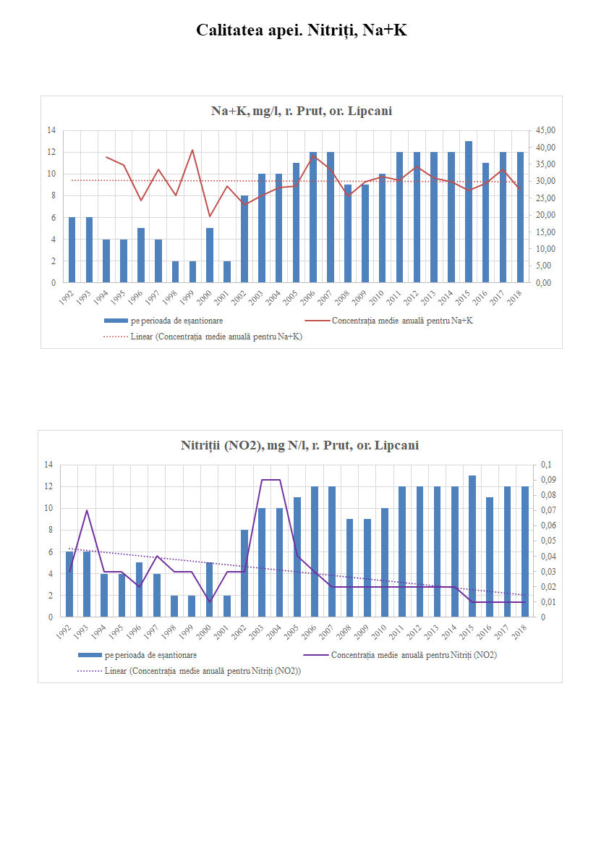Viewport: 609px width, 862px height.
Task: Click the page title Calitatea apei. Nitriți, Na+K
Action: (304, 30)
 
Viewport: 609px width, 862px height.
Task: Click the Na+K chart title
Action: (301, 111)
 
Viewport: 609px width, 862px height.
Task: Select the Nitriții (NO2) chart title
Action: (299, 445)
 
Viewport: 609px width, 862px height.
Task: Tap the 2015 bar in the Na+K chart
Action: (469, 212)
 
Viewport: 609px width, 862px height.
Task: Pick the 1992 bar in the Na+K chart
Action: (72, 250)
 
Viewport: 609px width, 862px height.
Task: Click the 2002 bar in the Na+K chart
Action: (244, 239)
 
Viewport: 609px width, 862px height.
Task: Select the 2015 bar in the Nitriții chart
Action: (472, 546)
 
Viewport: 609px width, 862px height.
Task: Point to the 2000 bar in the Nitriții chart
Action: (210, 590)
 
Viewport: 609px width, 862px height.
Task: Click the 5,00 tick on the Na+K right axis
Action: (545, 266)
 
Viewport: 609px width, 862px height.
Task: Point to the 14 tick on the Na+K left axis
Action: (51, 130)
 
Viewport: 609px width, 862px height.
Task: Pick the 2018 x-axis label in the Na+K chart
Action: (519, 296)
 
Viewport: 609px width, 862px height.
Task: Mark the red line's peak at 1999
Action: (192, 150)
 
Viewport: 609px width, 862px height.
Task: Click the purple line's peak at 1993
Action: (87, 510)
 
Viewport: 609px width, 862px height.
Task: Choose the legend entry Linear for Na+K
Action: (203, 337)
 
